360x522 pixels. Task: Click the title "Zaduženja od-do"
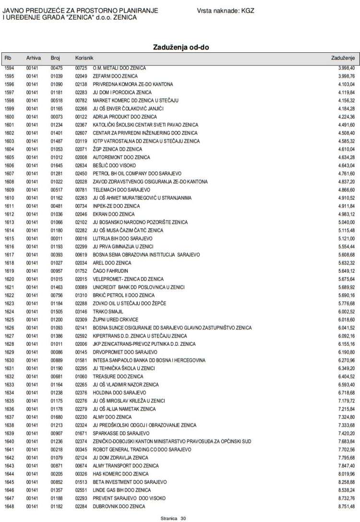click(180, 47)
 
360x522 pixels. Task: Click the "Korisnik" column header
click(84, 58)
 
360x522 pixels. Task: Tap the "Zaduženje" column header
click(343, 58)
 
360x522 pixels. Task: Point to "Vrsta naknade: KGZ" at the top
click(226, 10)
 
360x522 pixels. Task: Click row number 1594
click(10, 68)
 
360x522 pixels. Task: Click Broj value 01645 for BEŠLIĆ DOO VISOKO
click(57, 166)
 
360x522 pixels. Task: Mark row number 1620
click(10, 279)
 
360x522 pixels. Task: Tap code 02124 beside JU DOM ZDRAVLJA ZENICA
click(81, 458)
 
